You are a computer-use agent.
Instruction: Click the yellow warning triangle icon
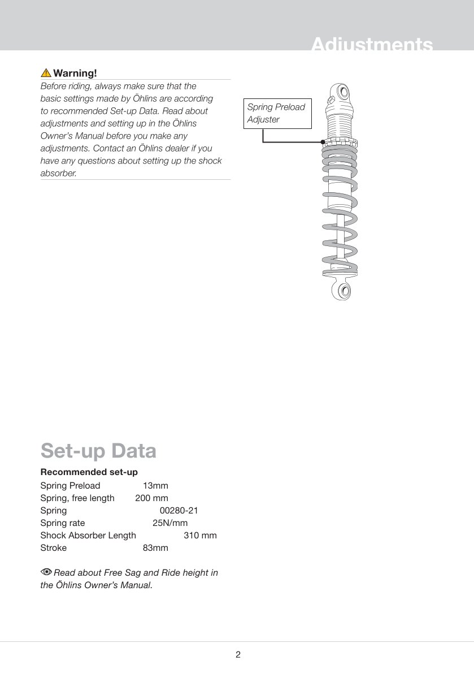click(x=46, y=73)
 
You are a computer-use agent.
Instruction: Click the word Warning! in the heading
click(x=75, y=73)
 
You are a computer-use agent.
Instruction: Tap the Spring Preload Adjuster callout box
click(x=277, y=113)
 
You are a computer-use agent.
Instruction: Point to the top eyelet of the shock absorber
click(x=343, y=90)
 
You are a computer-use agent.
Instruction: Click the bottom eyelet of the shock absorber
click(x=343, y=291)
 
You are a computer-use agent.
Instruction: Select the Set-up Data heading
click(x=98, y=451)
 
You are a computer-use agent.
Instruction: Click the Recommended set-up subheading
click(x=89, y=472)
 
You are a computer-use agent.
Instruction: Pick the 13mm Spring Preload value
click(x=155, y=486)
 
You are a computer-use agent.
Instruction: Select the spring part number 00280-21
click(x=179, y=511)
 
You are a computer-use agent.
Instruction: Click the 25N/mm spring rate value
click(x=170, y=523)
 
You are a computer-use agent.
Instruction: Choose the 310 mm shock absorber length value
click(x=200, y=536)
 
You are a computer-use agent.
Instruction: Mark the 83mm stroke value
click(x=155, y=548)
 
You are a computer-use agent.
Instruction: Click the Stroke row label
click(x=54, y=548)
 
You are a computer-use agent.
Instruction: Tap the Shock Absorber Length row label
click(x=88, y=536)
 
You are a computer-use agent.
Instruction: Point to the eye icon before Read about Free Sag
click(x=46, y=572)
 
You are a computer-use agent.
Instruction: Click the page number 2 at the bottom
click(x=238, y=655)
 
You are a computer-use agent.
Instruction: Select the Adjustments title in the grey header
click(x=372, y=45)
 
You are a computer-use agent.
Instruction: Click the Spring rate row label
click(x=63, y=523)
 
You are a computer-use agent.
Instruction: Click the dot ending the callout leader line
click(x=322, y=142)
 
